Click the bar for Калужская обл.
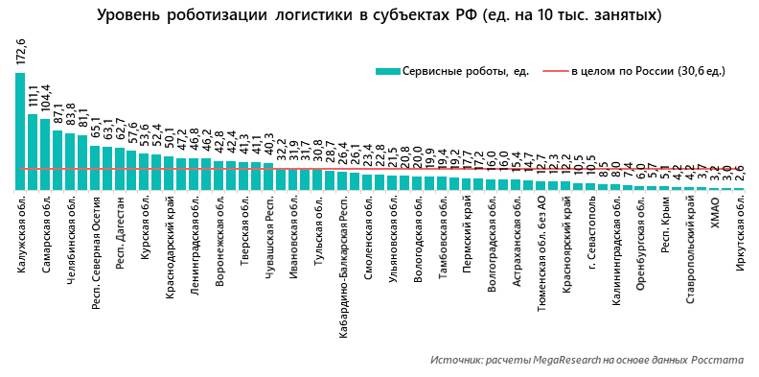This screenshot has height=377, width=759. tap(20, 131)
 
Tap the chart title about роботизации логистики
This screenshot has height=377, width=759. tap(379, 16)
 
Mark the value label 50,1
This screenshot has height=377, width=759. tap(170, 140)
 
